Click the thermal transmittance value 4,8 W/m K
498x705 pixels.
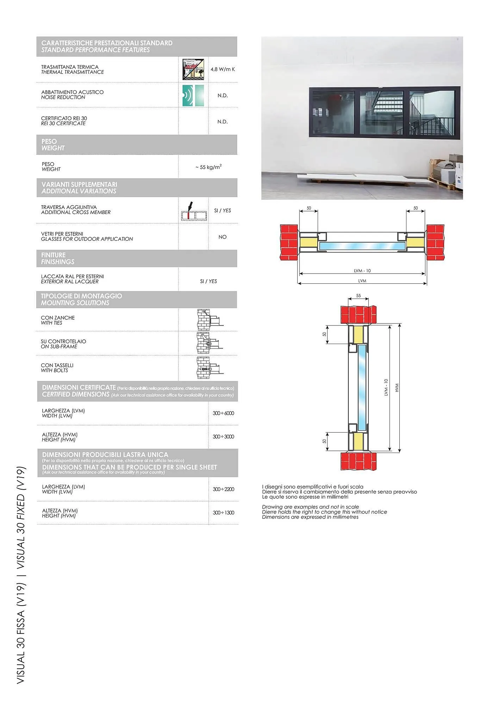[x=223, y=69]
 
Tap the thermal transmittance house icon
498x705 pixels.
[x=193, y=69]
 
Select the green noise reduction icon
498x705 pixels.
[x=193, y=95]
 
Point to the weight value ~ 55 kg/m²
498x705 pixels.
[x=208, y=167]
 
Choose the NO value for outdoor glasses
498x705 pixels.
[x=222, y=237]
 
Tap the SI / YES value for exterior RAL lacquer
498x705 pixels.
[x=208, y=281]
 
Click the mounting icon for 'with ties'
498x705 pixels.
[x=209, y=319]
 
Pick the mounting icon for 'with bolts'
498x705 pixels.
[x=209, y=368]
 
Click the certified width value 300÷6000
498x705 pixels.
[x=223, y=413]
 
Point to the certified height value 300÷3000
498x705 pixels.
[x=223, y=437]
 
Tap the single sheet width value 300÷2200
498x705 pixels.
[x=223, y=489]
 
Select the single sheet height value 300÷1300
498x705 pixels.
[x=223, y=513]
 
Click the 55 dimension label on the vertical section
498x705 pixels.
[x=359, y=296]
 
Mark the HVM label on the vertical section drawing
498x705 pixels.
[x=397, y=388]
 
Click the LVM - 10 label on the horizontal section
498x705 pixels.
[x=362, y=271]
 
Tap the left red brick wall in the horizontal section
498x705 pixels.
[x=289, y=243]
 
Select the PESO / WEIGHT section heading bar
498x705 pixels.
[x=137, y=145]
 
